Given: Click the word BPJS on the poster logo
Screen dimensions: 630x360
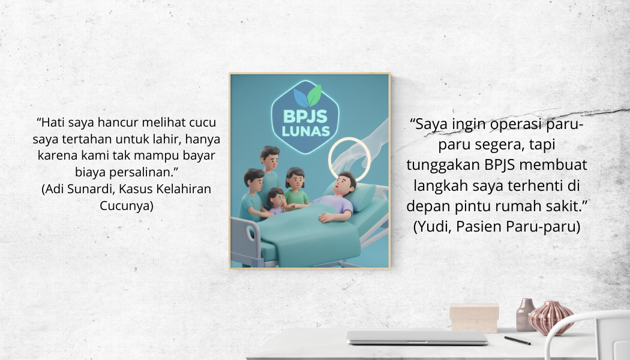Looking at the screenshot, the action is pyautogui.click(x=305, y=116).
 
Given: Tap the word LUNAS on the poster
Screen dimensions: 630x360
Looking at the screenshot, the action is pyautogui.click(x=306, y=131).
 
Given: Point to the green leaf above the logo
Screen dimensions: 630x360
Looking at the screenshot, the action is pyautogui.click(x=314, y=95).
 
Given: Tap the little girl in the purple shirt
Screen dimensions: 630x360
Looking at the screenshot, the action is pyautogui.click(x=277, y=201).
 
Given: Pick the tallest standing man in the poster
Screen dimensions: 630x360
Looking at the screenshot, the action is pyautogui.click(x=269, y=173).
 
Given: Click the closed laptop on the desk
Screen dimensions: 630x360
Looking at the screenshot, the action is pyautogui.click(x=417, y=337).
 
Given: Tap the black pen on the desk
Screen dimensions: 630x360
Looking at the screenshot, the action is pyautogui.click(x=517, y=341).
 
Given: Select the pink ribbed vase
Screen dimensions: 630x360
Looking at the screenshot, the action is pyautogui.click(x=551, y=317).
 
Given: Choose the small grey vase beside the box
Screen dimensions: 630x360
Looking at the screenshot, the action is pyautogui.click(x=525, y=314).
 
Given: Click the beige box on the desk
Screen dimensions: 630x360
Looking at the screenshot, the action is pyautogui.click(x=474, y=318).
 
